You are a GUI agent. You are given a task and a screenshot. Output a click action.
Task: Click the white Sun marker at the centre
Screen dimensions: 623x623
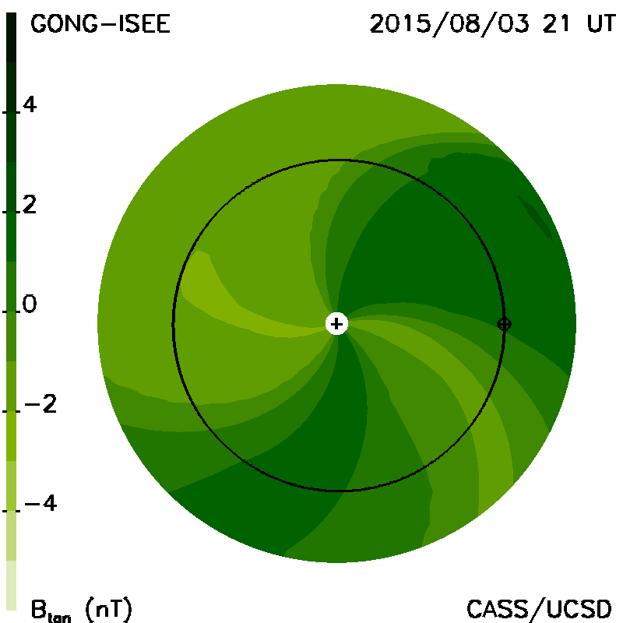click(x=336, y=324)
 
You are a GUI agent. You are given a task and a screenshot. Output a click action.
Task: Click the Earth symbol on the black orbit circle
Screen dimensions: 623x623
click(x=504, y=324)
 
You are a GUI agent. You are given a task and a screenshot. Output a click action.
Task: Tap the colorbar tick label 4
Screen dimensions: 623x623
click(x=30, y=104)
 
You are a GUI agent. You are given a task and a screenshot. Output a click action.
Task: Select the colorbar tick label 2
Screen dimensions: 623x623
click(x=30, y=205)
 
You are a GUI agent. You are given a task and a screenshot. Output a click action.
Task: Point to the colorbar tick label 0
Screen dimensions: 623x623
click(x=30, y=304)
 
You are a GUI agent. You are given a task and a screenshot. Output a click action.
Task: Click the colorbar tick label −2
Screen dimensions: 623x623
click(x=40, y=404)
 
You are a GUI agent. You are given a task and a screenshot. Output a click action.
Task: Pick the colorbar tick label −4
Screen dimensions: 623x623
click(x=40, y=503)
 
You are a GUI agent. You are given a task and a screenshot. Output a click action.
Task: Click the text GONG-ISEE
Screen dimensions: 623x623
click(x=100, y=24)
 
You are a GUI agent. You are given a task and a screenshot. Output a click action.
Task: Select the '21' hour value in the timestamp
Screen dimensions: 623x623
click(x=556, y=24)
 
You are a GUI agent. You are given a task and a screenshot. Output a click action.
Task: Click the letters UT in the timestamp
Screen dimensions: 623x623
click(x=601, y=24)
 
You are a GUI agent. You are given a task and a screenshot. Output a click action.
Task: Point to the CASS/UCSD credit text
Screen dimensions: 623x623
click(x=539, y=609)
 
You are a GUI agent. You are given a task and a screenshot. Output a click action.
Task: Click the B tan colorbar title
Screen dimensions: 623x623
click(x=51, y=610)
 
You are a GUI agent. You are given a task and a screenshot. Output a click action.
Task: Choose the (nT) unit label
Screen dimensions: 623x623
click(x=108, y=609)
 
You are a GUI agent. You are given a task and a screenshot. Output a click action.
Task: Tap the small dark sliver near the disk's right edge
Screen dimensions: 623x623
click(x=536, y=218)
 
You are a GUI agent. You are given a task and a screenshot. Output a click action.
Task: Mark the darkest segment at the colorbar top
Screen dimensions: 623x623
click(x=12, y=37)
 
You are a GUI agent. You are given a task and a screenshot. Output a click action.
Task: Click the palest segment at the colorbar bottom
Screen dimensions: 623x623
click(x=12, y=585)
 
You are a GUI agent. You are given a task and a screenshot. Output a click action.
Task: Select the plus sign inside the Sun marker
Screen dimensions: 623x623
click(x=336, y=324)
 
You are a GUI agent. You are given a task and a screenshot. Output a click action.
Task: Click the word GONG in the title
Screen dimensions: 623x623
click(x=64, y=24)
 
